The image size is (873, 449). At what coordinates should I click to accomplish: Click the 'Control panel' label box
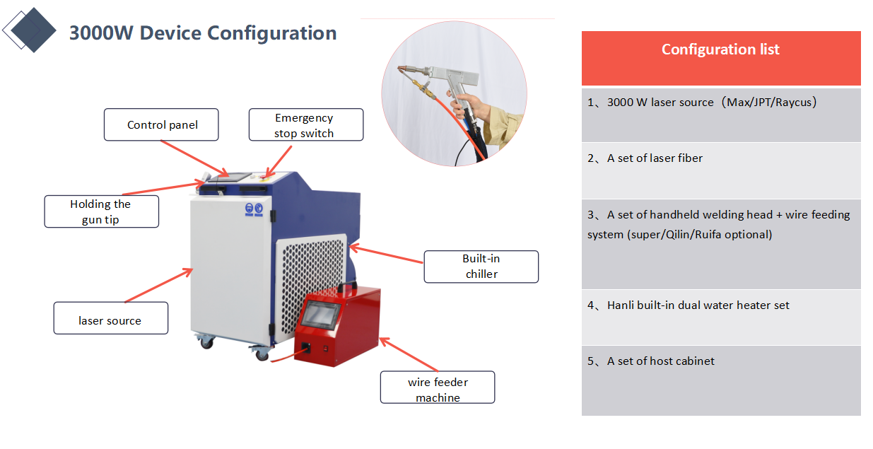pyautogui.click(x=161, y=124)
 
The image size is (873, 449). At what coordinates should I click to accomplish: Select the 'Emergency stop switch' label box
pyautogui.click(x=306, y=124)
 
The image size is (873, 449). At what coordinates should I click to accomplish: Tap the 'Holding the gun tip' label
pyautogui.click(x=101, y=211)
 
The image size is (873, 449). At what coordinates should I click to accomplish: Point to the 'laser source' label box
pyautogui.click(x=111, y=318)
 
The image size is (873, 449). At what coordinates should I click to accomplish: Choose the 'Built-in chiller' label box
pyautogui.click(x=481, y=267)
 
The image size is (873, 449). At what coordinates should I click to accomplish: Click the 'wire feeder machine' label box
pyautogui.click(x=438, y=387)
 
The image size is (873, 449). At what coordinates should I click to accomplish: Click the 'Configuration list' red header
pyautogui.click(x=721, y=58)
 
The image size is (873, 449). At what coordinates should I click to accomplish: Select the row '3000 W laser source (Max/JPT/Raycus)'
pyautogui.click(x=721, y=115)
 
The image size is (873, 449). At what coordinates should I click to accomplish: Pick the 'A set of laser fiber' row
pyautogui.click(x=721, y=170)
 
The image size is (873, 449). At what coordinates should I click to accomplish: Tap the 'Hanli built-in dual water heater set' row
pyautogui.click(x=721, y=317)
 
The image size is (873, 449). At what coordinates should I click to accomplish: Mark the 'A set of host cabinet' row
pyautogui.click(x=721, y=381)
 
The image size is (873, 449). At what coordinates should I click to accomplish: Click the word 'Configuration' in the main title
pyautogui.click(x=271, y=33)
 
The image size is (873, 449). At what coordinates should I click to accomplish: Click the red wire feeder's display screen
pyautogui.click(x=320, y=314)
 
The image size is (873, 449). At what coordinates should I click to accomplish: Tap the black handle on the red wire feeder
pyautogui.click(x=347, y=286)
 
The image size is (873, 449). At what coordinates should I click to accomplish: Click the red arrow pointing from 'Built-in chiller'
pyautogui.click(x=386, y=255)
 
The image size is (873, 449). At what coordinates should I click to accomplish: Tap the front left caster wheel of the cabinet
pyautogui.click(x=206, y=343)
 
